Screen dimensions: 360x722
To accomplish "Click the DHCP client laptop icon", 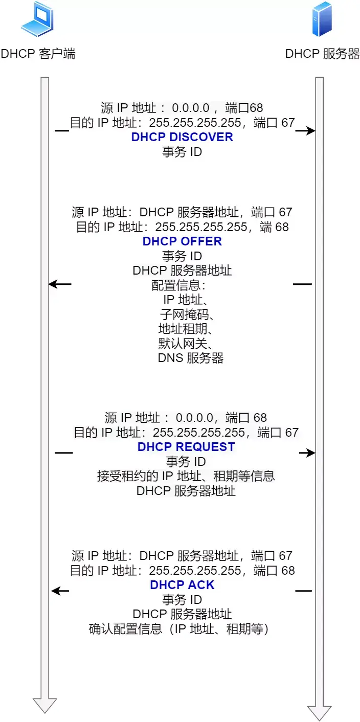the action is [x=37, y=19].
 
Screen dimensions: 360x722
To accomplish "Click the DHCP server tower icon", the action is [x=322, y=19].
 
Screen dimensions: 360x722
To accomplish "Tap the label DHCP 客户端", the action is [x=38, y=54].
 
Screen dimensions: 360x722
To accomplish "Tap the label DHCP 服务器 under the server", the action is [x=322, y=54].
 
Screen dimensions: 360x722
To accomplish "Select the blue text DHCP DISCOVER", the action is [x=182, y=137].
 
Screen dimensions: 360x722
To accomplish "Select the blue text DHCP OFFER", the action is [x=182, y=241].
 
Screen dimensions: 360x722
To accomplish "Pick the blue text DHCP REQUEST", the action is [x=186, y=447].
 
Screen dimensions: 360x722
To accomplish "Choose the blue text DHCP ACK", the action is [x=182, y=584].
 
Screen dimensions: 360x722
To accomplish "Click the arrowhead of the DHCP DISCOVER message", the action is [x=311, y=130].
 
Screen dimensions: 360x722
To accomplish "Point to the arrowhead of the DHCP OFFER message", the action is [x=54, y=284].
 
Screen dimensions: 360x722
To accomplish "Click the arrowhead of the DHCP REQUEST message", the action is [x=311, y=453].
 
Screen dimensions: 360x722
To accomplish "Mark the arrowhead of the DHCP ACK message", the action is [x=56, y=591].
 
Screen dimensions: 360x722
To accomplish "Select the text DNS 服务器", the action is [x=190, y=358].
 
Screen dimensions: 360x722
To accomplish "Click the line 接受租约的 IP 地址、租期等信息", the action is [x=186, y=476].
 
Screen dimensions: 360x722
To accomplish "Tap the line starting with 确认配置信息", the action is [x=178, y=628].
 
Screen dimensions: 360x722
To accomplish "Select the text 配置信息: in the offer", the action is [x=178, y=285].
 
